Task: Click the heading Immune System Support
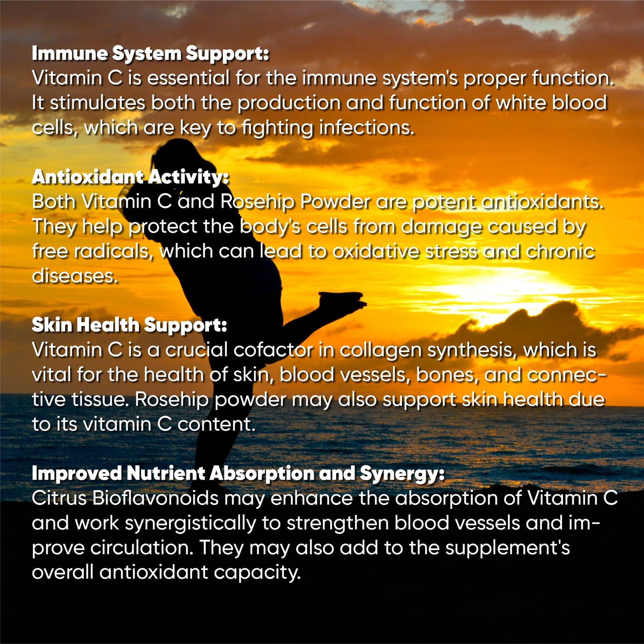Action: tap(150, 53)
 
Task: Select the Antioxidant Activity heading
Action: tap(130, 177)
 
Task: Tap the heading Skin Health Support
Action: tap(129, 325)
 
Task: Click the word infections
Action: tap(366, 128)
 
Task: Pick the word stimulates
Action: tap(97, 103)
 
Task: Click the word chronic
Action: tap(560, 251)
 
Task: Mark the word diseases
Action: tap(75, 276)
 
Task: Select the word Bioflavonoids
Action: tap(155, 498)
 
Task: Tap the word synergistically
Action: tap(190, 523)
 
